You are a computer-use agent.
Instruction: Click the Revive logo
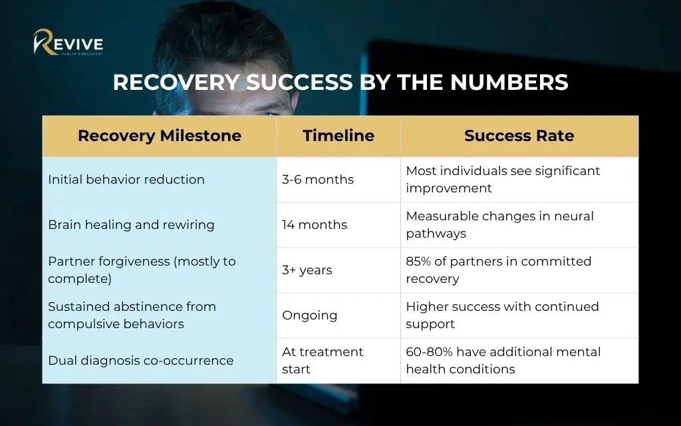tap(68, 42)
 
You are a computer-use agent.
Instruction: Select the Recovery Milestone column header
tap(160, 136)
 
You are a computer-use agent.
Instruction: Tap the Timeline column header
tap(339, 136)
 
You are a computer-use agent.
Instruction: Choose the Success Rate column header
tap(519, 136)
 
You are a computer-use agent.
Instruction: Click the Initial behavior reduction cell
tap(160, 180)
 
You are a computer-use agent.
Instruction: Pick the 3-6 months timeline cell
tap(339, 180)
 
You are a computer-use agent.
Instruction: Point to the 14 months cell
tap(339, 225)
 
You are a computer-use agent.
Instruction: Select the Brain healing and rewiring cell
tap(160, 225)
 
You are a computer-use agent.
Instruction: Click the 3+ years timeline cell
tap(339, 270)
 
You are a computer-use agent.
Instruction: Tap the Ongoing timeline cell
tap(339, 315)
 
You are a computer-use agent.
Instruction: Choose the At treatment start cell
tap(339, 360)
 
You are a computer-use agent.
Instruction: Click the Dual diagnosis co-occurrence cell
tap(160, 360)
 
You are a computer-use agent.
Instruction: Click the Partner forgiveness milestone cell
tap(160, 270)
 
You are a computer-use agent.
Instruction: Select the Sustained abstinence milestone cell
tap(160, 315)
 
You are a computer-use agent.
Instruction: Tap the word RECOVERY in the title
tap(176, 82)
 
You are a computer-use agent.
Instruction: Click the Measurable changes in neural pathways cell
tap(519, 225)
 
